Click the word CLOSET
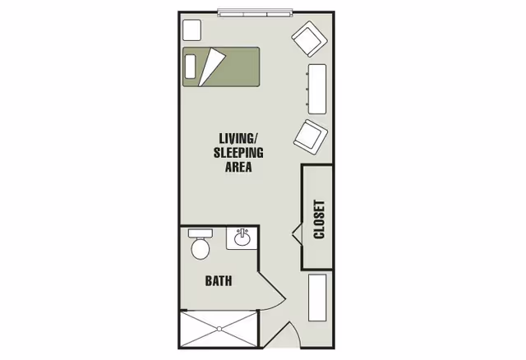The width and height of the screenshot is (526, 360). [x=320, y=219]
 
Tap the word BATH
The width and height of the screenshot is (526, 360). [x=218, y=280]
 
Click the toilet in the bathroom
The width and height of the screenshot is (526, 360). [x=200, y=246]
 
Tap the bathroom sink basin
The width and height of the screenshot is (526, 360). [x=242, y=239]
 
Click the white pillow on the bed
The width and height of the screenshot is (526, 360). [x=191, y=66]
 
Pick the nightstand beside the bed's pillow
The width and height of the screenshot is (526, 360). [x=191, y=30]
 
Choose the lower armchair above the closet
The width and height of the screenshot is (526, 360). [x=311, y=136]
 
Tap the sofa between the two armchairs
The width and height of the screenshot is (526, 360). [x=316, y=87]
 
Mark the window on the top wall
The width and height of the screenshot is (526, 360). [x=254, y=12]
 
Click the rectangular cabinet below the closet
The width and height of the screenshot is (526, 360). [x=317, y=298]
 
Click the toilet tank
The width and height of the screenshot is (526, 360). [x=200, y=233]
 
